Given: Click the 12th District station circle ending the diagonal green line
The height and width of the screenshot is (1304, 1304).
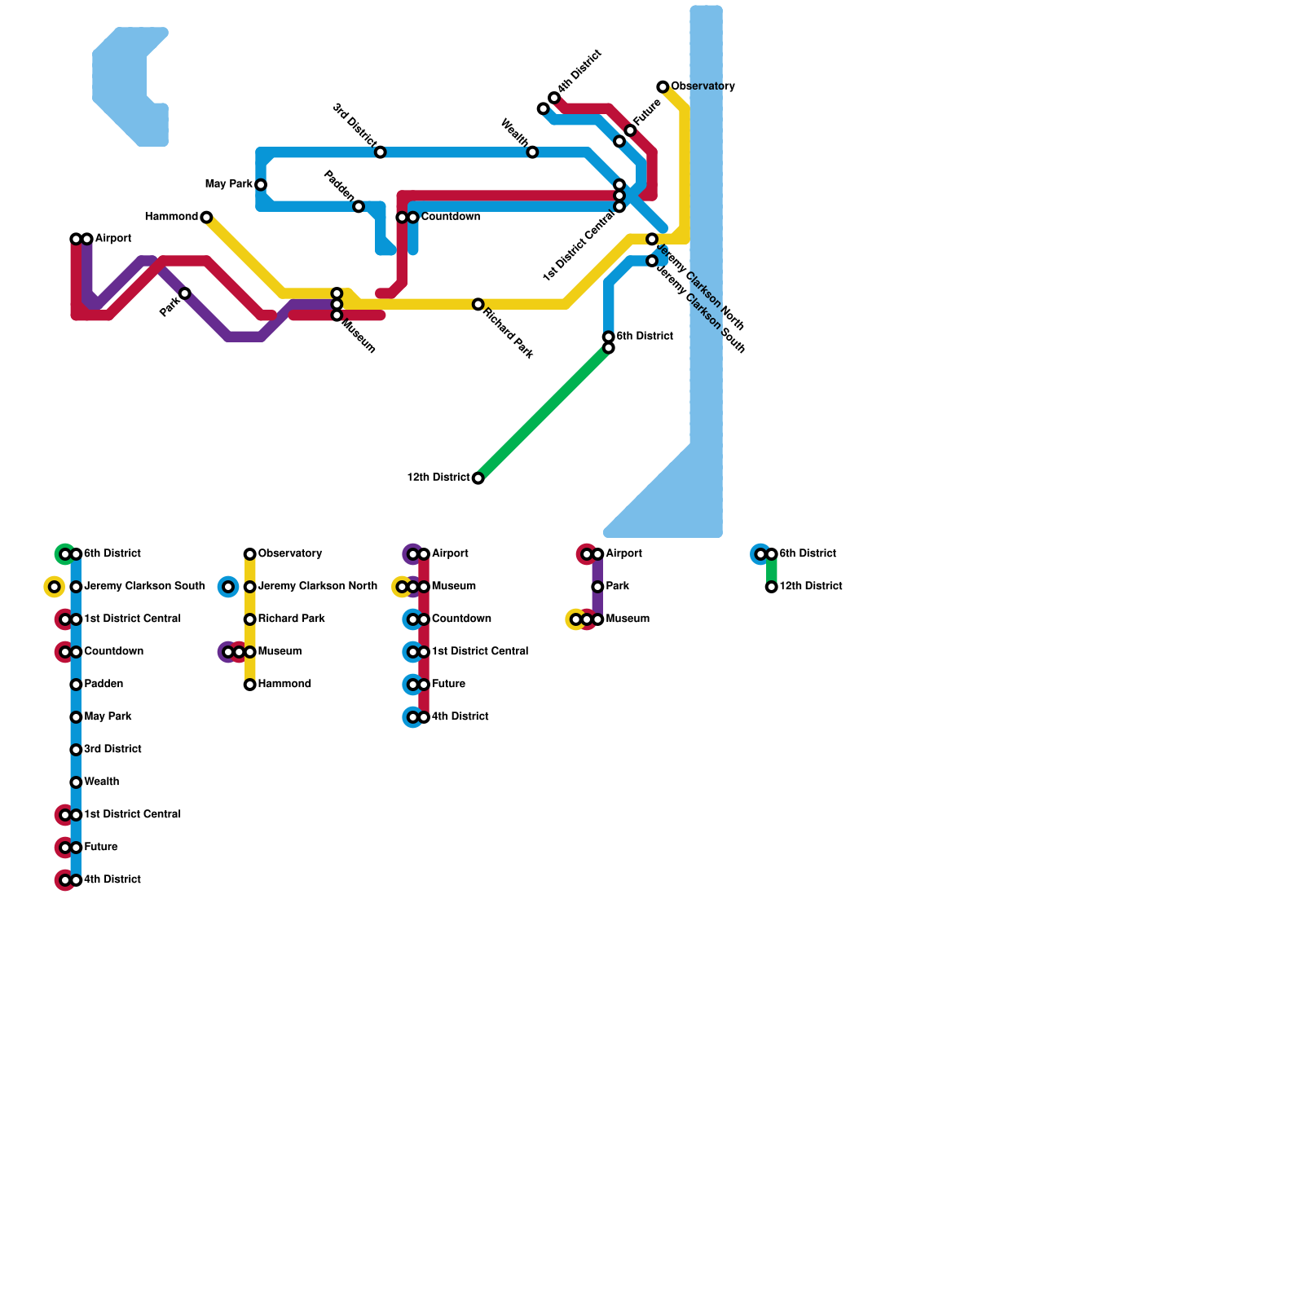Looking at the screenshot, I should pyautogui.click(x=478, y=478).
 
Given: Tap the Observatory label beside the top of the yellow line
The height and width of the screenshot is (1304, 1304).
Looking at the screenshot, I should pyautogui.click(x=703, y=86).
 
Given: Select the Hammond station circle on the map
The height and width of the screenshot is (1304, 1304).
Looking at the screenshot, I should pyautogui.click(x=206, y=217).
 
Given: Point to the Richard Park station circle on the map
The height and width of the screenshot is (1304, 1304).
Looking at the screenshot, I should pyautogui.click(x=478, y=304).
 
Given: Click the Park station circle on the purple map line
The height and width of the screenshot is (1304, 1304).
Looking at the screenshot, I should pyautogui.click(x=185, y=293).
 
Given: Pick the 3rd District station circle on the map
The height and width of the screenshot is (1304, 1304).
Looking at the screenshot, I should pyautogui.click(x=381, y=152).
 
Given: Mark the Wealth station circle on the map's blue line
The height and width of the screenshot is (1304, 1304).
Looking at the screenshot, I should pyautogui.click(x=532, y=152).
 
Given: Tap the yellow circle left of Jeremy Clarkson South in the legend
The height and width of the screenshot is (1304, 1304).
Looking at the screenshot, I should pyautogui.click(x=54, y=587).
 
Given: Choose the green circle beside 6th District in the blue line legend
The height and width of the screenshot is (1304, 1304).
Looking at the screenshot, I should pyautogui.click(x=64, y=554).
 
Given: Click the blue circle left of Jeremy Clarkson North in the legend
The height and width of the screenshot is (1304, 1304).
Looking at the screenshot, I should pyautogui.click(x=228, y=587).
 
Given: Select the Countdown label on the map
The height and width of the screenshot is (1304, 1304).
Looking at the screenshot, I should pyautogui.click(x=450, y=217).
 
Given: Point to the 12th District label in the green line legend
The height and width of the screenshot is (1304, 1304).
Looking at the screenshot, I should pyautogui.click(x=810, y=587).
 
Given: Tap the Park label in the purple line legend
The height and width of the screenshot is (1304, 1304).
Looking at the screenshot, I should pyautogui.click(x=617, y=587).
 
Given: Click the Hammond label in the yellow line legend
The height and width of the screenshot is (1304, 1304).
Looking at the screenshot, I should pyautogui.click(x=284, y=685).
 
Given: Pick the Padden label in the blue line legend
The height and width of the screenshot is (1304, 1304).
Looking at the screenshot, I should pyautogui.click(x=104, y=685).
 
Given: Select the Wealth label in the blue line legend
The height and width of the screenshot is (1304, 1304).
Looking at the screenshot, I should pyautogui.click(x=101, y=782).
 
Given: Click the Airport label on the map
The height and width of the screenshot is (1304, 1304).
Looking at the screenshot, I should pyautogui.click(x=112, y=239).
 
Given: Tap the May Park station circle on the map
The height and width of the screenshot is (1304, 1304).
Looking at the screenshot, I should pyautogui.click(x=261, y=185).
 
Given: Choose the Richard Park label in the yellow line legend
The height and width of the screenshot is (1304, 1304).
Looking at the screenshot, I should pyautogui.click(x=291, y=619).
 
